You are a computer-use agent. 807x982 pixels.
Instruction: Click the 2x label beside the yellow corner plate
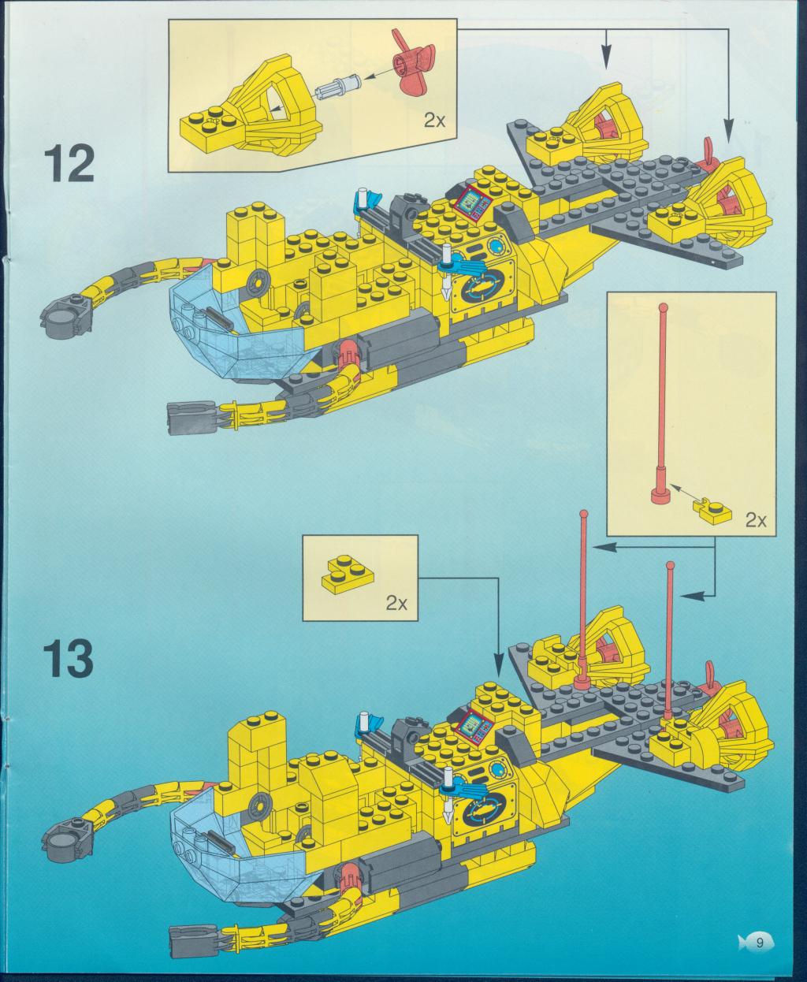(396, 604)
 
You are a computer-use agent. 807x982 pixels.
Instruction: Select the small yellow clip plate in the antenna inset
(711, 511)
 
